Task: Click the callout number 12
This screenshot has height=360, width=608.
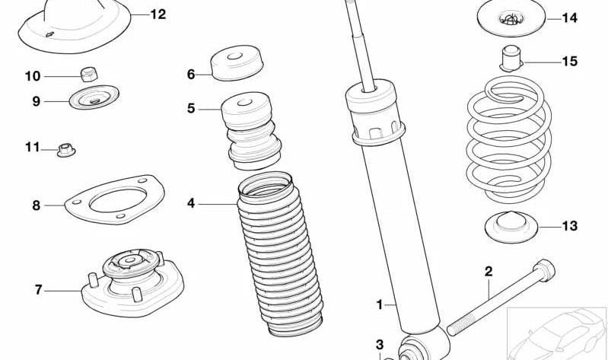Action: click(x=158, y=14)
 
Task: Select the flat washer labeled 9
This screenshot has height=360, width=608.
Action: click(x=94, y=99)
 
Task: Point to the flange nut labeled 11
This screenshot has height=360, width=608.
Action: click(x=67, y=148)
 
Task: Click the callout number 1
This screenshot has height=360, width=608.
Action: click(x=380, y=306)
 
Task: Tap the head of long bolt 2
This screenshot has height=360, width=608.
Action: click(x=545, y=269)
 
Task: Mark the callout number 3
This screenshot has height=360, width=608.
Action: click(x=380, y=345)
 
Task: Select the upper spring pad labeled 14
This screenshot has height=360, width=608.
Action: click(x=511, y=18)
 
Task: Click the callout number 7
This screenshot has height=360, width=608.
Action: click(x=38, y=289)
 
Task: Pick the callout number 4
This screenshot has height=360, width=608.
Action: click(x=191, y=203)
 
